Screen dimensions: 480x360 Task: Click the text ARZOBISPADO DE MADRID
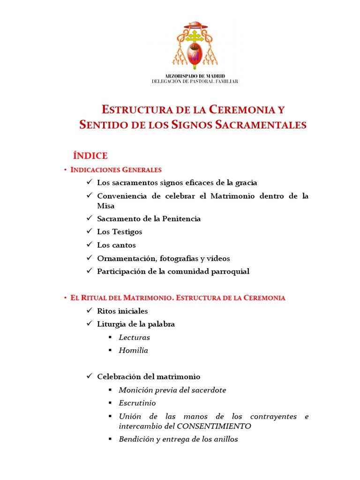coord(195,76)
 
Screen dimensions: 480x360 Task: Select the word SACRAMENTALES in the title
coord(262,125)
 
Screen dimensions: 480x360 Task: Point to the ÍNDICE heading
coord(90,156)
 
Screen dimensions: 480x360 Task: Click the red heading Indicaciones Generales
coord(116,170)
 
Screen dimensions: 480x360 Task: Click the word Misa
coord(105,205)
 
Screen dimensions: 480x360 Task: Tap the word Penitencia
coord(181,218)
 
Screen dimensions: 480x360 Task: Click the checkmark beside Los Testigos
coord(90,232)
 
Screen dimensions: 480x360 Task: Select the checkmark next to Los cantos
coord(90,245)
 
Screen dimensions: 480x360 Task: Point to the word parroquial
coord(229,271)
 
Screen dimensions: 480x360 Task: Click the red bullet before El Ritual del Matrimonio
coord(65,298)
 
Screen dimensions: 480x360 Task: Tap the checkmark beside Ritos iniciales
coord(90,311)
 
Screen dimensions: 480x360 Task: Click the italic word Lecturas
coord(134,337)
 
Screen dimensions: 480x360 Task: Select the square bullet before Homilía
coord(110,351)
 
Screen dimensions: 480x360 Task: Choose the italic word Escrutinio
coord(137,403)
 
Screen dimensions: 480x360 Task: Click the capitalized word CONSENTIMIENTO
coord(214,426)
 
